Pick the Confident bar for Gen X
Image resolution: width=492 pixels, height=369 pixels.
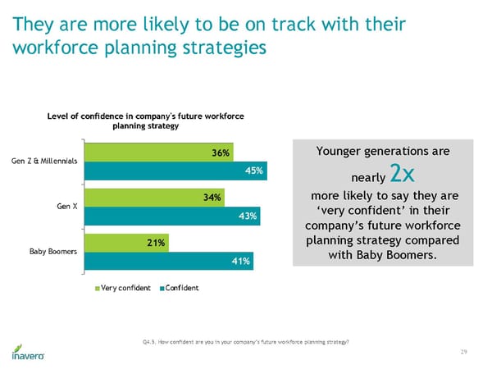[171, 216]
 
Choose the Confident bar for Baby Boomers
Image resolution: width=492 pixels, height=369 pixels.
[167, 262]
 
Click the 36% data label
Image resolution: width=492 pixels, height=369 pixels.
[221, 152]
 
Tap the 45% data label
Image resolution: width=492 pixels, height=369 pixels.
[253, 171]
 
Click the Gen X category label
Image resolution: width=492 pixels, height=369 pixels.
[67, 206]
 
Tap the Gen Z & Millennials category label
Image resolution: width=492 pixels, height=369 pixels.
[44, 161]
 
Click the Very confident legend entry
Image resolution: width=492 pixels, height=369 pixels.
[124, 288]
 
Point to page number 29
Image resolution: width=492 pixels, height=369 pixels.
[464, 352]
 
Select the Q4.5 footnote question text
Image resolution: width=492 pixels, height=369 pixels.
[245, 340]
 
